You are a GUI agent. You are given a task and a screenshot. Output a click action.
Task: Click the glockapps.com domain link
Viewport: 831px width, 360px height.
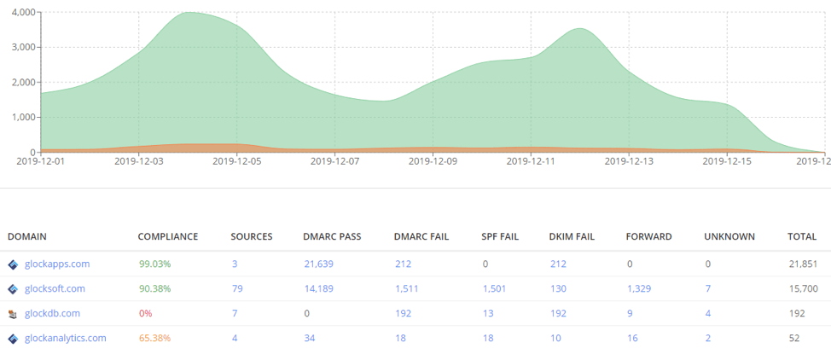click(57, 264)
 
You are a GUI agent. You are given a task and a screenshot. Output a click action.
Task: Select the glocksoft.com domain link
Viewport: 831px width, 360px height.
click(55, 289)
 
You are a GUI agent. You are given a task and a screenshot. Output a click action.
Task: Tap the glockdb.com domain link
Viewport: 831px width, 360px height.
click(52, 314)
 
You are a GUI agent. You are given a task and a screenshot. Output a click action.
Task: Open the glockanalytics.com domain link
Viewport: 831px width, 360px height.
click(66, 339)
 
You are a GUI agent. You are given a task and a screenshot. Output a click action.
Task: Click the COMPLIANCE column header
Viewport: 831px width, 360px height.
click(167, 236)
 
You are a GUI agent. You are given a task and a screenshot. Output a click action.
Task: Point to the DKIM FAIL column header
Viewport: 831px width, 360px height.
click(572, 236)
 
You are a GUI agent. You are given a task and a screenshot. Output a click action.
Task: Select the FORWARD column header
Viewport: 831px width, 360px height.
click(648, 236)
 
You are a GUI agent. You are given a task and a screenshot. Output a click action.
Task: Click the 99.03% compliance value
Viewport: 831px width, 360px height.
click(154, 264)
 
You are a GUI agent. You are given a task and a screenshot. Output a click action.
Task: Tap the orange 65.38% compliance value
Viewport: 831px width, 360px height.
click(154, 339)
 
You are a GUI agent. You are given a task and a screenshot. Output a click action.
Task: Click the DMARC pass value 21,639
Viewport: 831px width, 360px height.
click(318, 264)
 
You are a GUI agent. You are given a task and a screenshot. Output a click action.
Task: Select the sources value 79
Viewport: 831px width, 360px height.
click(236, 289)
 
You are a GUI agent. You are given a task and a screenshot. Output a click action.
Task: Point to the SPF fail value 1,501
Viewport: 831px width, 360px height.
click(494, 289)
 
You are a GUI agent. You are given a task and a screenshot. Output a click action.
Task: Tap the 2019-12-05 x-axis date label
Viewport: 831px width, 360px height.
click(236, 160)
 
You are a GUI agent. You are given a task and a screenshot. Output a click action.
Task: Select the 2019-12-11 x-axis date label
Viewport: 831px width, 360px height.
click(532, 160)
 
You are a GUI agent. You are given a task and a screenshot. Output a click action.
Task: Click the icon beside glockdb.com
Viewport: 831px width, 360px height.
click(13, 314)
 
